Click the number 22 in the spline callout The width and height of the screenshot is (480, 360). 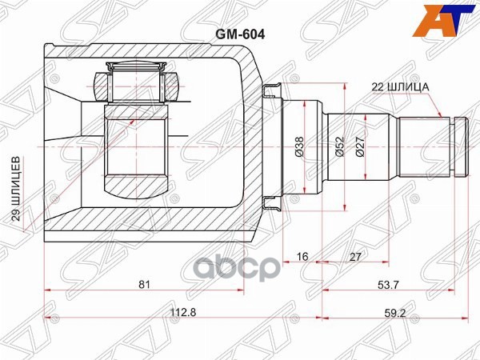pos(377,86)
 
